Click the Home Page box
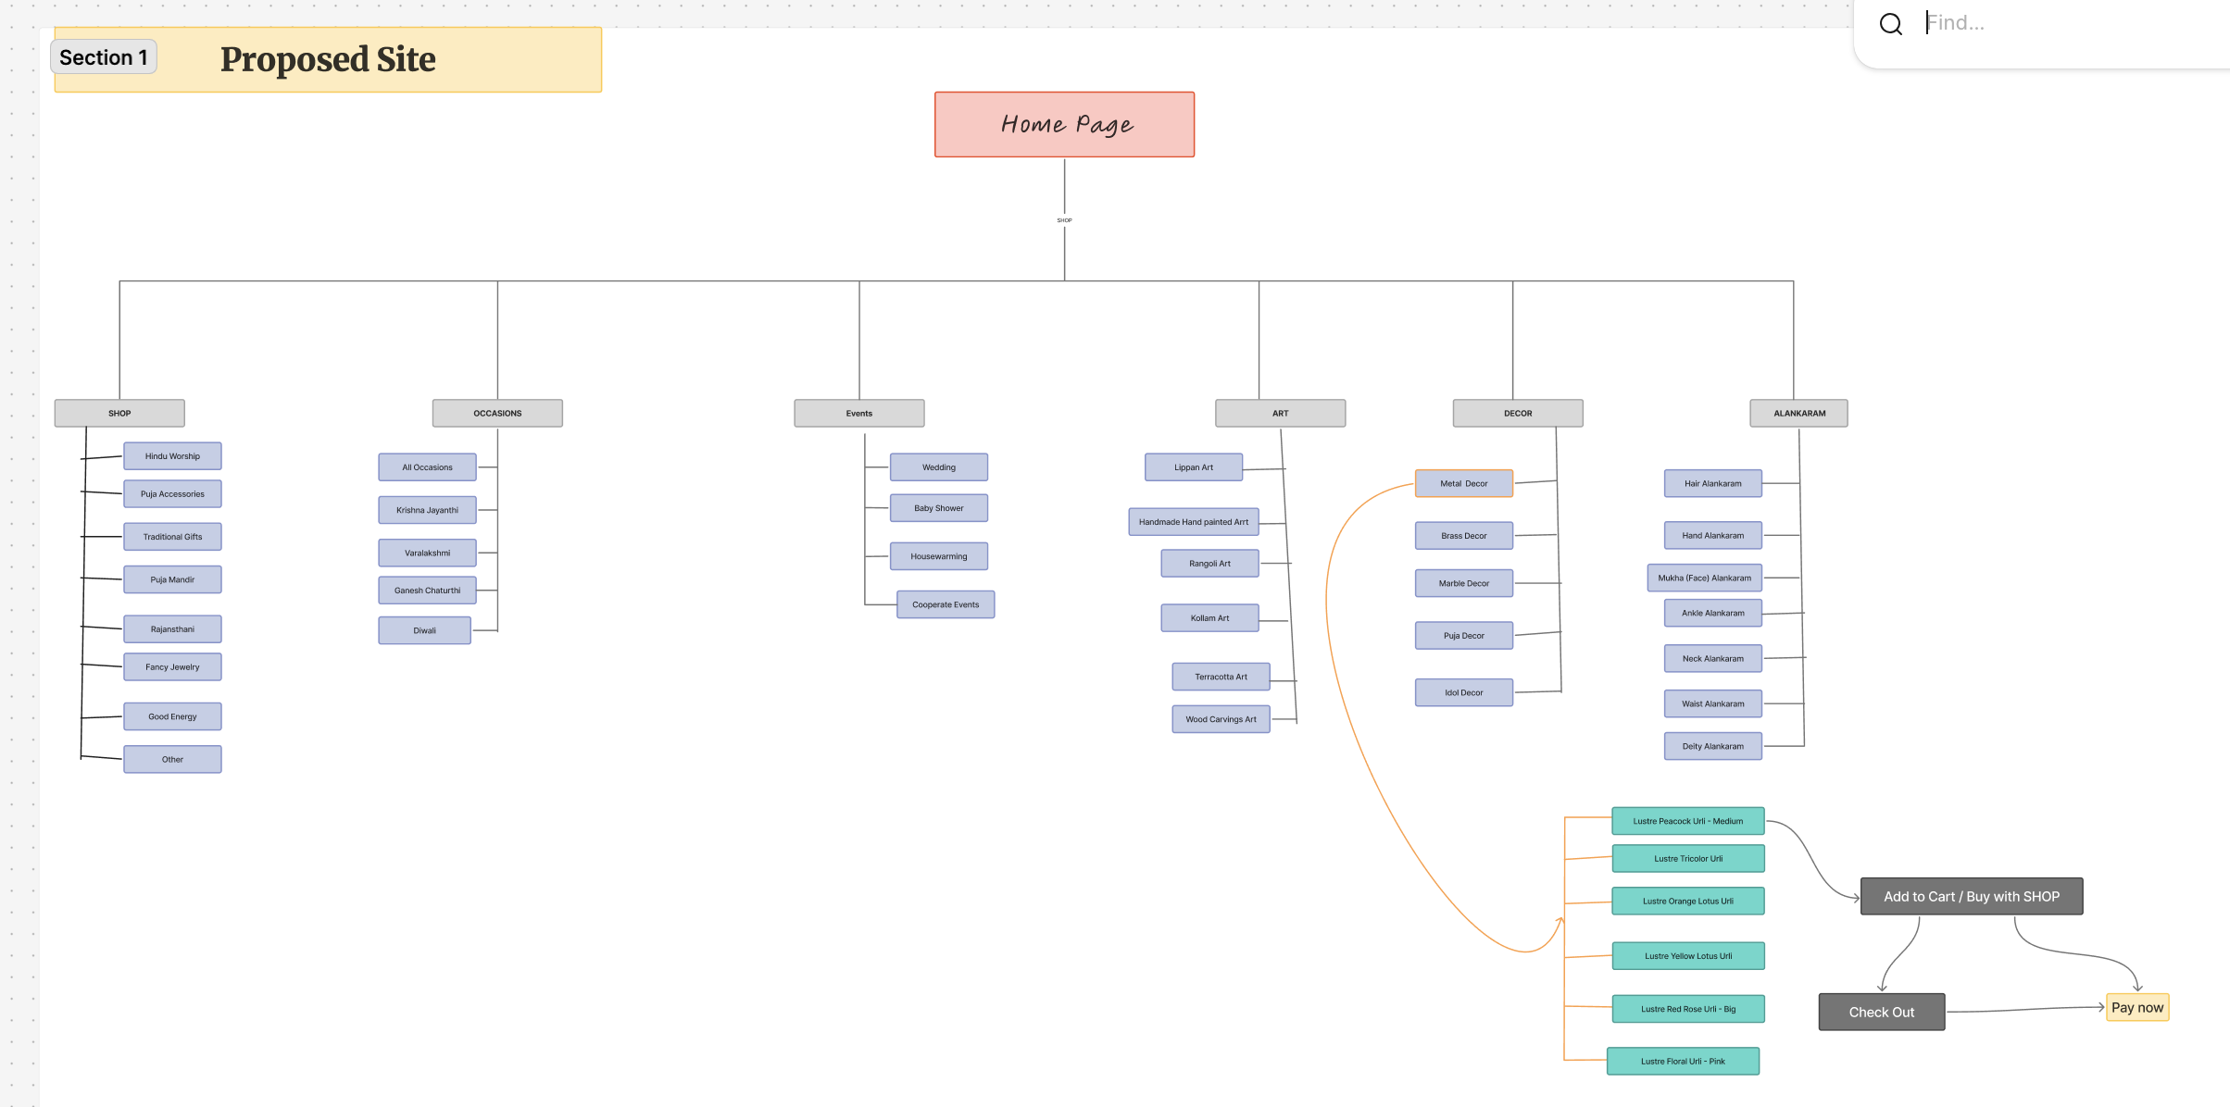pyautogui.click(x=1064, y=124)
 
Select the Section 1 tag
pyautogui.click(x=103, y=57)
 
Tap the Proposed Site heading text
pyautogui.click(x=328, y=60)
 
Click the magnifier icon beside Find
pyautogui.click(x=1890, y=24)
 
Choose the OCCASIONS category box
pyautogui.click(x=497, y=413)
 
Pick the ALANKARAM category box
pyautogui.click(x=1798, y=413)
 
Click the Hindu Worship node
pyautogui.click(x=172, y=456)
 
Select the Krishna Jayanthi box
pyautogui.click(x=427, y=510)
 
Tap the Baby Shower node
pyautogui.click(x=938, y=508)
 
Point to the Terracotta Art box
pyautogui.click(x=1221, y=677)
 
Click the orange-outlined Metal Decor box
pyautogui.click(x=1463, y=483)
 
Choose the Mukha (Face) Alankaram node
pyautogui.click(x=1704, y=578)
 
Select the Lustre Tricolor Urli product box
pyautogui.click(x=1687, y=858)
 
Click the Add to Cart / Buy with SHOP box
pyautogui.click(x=1971, y=896)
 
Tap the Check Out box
pyautogui.click(x=1881, y=1012)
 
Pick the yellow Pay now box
pyautogui.click(x=2137, y=1007)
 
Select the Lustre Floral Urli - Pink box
pyautogui.click(x=1682, y=1061)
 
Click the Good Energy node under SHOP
pyautogui.click(x=172, y=716)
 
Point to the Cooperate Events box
pyautogui.click(x=945, y=604)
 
